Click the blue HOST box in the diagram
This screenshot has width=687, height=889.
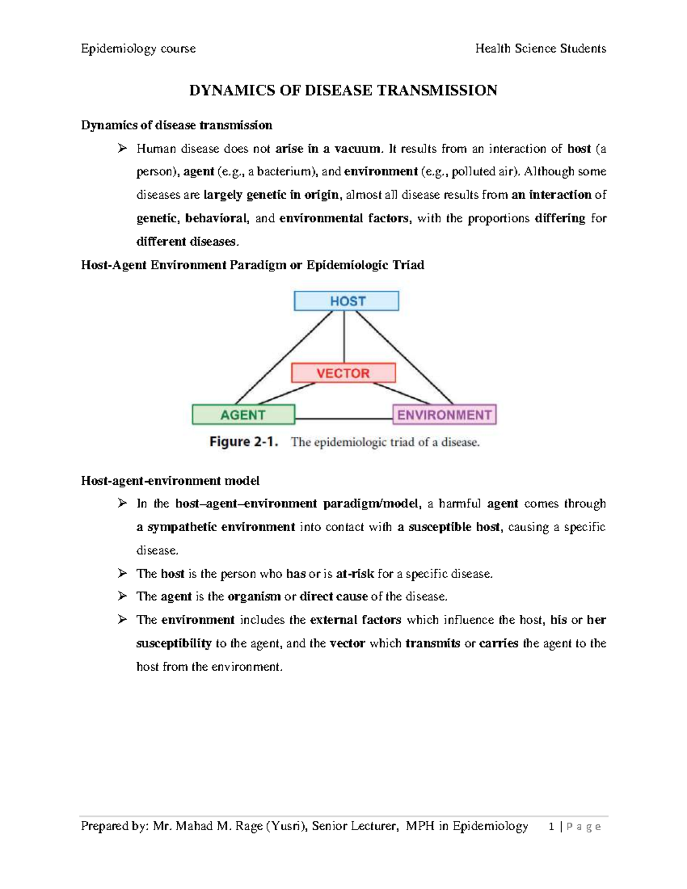point(346,301)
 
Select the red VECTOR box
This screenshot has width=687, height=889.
point(343,373)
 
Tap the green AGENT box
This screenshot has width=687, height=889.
point(243,414)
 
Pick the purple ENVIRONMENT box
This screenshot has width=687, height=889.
point(444,414)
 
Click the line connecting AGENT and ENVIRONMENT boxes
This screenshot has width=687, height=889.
point(343,419)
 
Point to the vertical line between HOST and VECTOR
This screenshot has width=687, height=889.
point(344,337)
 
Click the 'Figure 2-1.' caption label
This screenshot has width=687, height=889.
point(244,442)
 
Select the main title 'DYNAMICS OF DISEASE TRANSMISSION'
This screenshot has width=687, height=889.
point(343,90)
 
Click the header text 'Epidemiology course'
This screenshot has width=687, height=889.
point(138,49)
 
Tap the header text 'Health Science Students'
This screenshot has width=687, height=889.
point(540,49)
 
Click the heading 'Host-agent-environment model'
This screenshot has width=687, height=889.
point(170,480)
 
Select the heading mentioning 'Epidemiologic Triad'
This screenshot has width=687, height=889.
point(252,265)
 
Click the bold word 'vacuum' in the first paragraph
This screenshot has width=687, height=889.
point(357,149)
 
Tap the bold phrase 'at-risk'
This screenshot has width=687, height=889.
point(355,574)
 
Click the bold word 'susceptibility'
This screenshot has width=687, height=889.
point(173,643)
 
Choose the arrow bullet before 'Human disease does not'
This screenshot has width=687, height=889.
point(122,149)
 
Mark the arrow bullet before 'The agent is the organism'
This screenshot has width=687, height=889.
point(122,596)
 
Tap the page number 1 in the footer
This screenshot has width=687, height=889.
point(551,827)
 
